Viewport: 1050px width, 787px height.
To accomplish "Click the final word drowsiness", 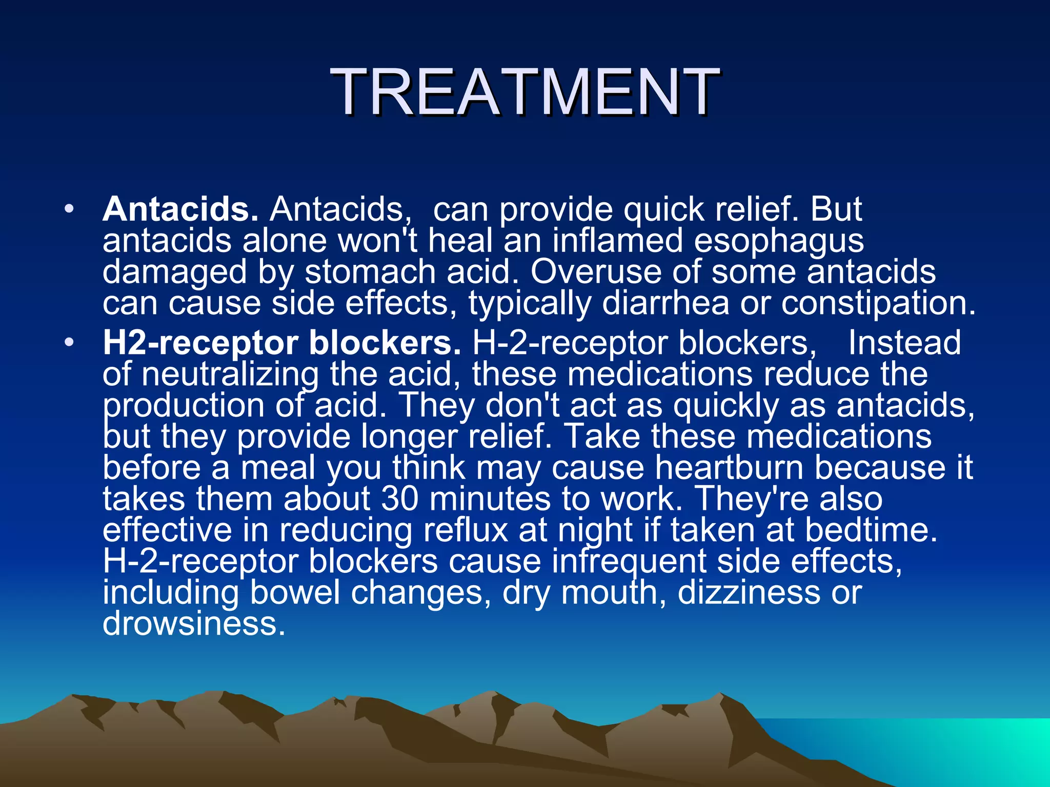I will pyautogui.click(x=193, y=624).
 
